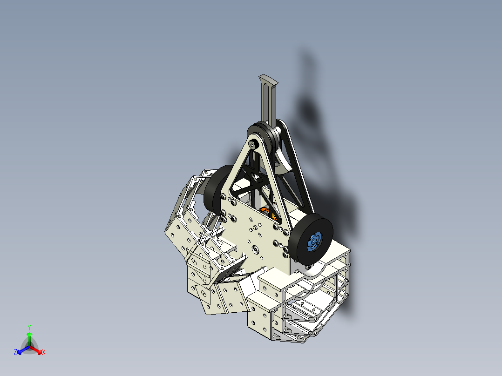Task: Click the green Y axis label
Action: pos(29,327)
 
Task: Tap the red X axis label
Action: pos(44,352)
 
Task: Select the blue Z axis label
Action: pos(15,352)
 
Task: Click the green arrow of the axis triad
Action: pos(29,339)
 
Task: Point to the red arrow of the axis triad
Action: pos(36,350)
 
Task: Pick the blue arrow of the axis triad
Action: pos(23,350)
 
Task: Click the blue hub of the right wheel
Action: pos(314,242)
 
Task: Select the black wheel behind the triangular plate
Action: pos(218,189)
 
